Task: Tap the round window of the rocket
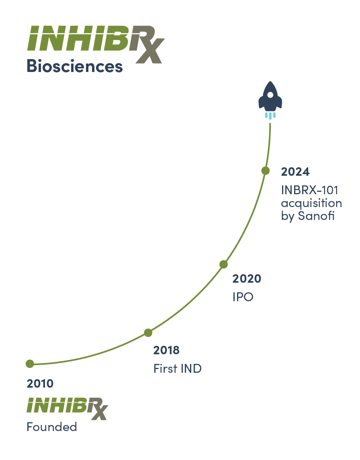[x=270, y=95]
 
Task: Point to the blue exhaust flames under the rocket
[x=270, y=115]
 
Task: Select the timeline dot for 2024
[x=266, y=170]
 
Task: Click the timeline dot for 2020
[x=224, y=264]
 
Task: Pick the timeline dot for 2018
[x=148, y=333]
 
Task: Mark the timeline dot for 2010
[x=30, y=364]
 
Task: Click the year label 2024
[x=295, y=172]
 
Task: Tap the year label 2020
[x=247, y=279]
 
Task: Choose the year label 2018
[x=166, y=350]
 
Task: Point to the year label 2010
[x=40, y=384]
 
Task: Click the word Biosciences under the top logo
[x=75, y=66]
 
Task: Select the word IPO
[x=243, y=297]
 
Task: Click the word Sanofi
[x=316, y=216]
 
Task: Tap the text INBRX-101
[x=310, y=190]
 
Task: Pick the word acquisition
[x=312, y=203]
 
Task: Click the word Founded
[x=52, y=427]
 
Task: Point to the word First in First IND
[x=166, y=368]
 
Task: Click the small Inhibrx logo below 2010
[x=67, y=409]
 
